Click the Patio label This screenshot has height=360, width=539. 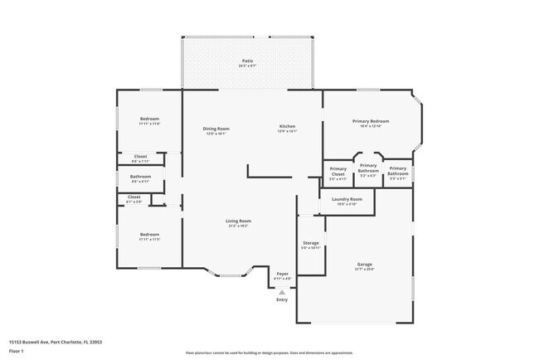[247, 61]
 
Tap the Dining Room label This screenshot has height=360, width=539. [216, 129]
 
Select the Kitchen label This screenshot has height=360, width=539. [287, 126]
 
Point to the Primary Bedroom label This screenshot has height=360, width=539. [370, 121]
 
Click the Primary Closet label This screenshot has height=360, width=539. [337, 173]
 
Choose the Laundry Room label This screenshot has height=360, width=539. [346, 199]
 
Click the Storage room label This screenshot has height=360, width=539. [310, 243]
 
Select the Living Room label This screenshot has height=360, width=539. [239, 221]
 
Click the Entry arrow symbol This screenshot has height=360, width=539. [282, 292]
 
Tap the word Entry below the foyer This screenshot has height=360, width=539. [282, 299]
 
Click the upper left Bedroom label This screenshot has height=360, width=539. [149, 119]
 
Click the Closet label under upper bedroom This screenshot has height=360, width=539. [140, 156]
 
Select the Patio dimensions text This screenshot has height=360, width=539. [247, 66]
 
